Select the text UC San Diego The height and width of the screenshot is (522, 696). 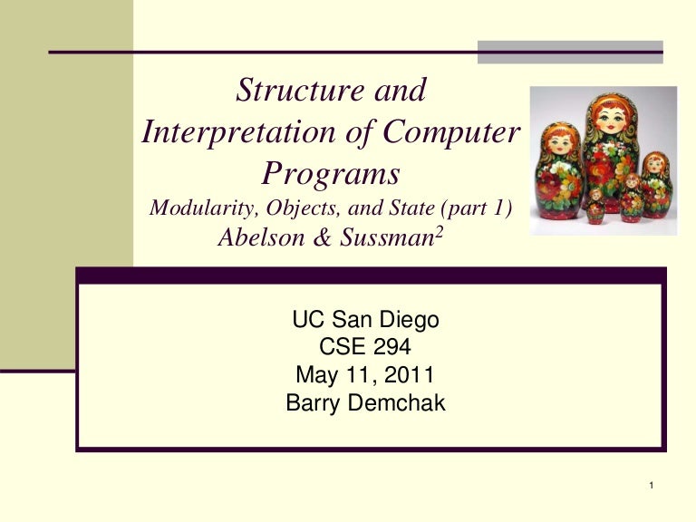(365, 320)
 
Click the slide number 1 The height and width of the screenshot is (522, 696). (652, 490)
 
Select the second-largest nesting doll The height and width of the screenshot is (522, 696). (554, 172)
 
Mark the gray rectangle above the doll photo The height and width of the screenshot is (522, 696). (570, 52)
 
